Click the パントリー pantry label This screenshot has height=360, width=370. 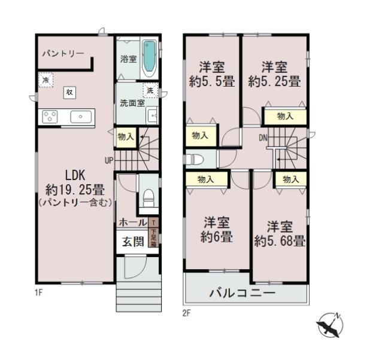(x=63, y=54)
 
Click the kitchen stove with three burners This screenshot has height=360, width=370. (x=49, y=117)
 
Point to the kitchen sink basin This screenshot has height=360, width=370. (x=80, y=117)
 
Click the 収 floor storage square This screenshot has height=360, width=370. (x=70, y=92)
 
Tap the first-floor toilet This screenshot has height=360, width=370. (x=148, y=197)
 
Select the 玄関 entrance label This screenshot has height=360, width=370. (x=133, y=242)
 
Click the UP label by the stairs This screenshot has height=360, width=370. (x=108, y=160)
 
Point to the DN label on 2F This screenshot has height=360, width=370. (x=263, y=137)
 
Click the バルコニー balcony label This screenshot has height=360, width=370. (x=242, y=294)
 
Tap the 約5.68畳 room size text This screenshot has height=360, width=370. (x=280, y=242)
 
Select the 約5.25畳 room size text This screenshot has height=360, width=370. (x=275, y=82)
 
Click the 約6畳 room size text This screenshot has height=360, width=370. (x=216, y=236)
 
